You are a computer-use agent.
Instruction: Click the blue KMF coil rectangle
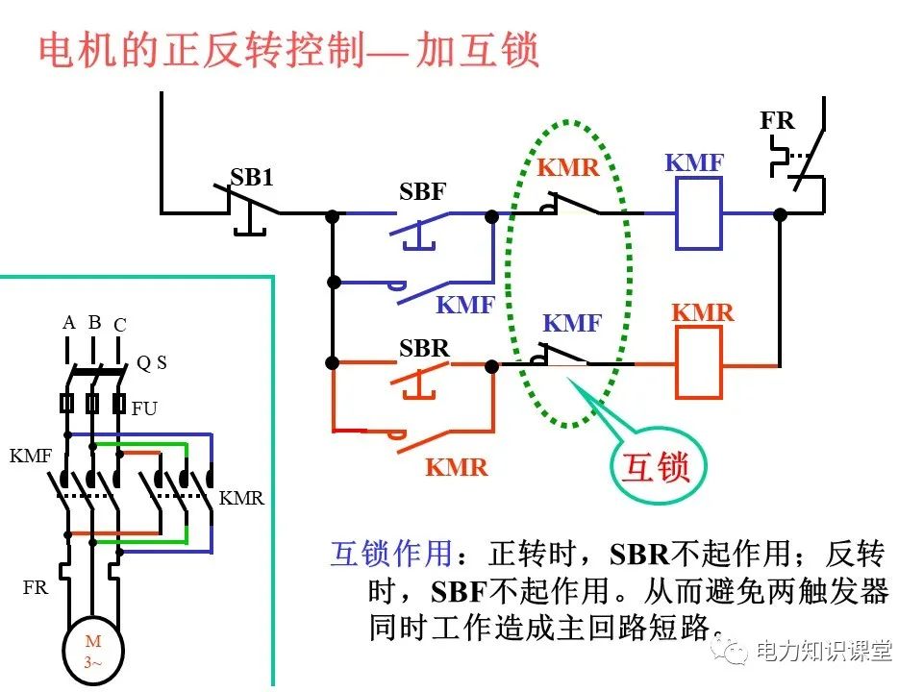tap(699, 213)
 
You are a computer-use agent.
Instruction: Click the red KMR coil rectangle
tap(699, 362)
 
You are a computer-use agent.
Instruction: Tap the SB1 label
tap(252, 177)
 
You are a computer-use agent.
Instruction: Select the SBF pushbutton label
tap(423, 191)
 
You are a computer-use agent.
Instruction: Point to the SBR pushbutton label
tap(424, 348)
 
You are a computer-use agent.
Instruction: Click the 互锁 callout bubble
tap(658, 468)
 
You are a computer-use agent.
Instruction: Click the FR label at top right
tap(777, 121)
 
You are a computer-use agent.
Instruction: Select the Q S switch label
tap(151, 362)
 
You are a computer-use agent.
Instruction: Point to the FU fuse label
tap(144, 408)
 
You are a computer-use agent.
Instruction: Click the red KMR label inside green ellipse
tap(568, 168)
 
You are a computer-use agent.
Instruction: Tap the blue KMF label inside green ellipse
tap(572, 324)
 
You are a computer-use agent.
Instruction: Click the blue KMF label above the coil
tap(694, 163)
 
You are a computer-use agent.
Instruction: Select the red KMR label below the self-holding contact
tap(457, 468)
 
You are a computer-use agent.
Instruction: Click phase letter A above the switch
tap(68, 323)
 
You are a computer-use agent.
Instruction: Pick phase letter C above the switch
tap(119, 325)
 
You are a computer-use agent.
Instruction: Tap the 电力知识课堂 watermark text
tap(824, 651)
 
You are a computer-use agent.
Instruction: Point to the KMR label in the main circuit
tap(241, 499)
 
